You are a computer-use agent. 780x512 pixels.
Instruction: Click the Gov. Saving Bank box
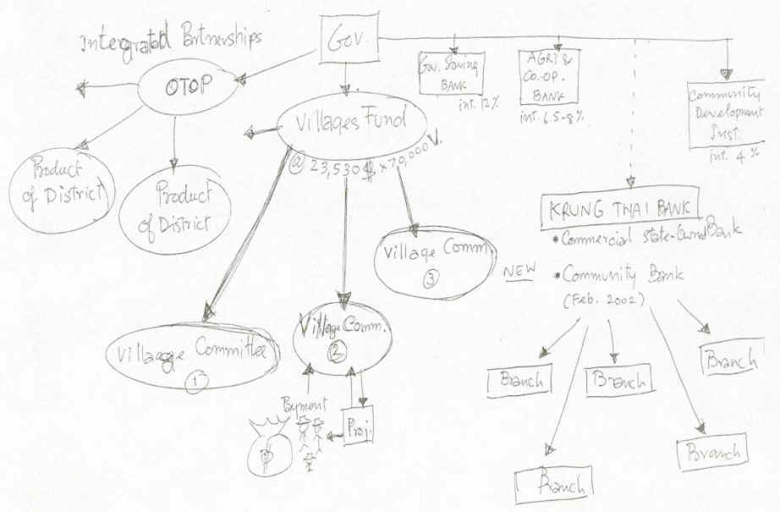tap(451, 73)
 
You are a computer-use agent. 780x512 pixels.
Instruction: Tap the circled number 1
tap(195, 381)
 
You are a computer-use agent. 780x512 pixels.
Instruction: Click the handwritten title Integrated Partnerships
tap(172, 38)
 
